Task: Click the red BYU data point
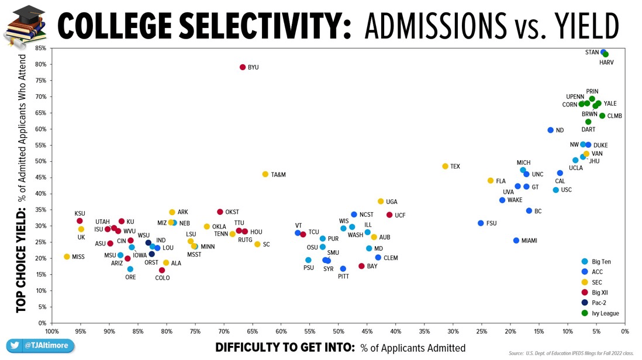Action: tap(243, 67)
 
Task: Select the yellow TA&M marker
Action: tap(265, 174)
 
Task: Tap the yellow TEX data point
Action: tap(446, 167)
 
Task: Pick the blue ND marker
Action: tap(550, 130)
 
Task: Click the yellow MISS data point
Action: tap(67, 257)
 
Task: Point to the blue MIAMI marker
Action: tap(516, 240)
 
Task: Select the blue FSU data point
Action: tap(481, 223)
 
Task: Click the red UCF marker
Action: tap(389, 215)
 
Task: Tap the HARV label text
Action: tap(606, 63)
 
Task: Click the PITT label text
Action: tap(343, 276)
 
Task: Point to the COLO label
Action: tap(163, 278)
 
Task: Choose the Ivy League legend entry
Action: tap(605, 313)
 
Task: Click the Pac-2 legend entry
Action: tap(601, 303)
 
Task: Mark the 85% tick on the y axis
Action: tap(41, 49)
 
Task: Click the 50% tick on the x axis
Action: tap(339, 332)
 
